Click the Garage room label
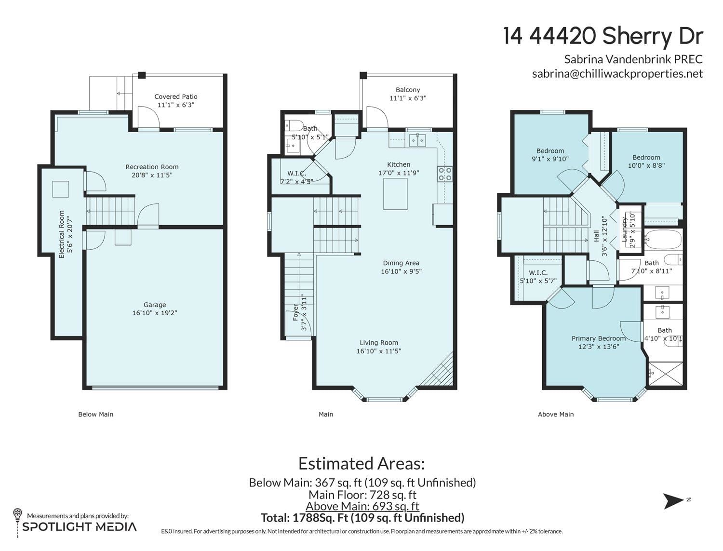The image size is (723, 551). point(155,305)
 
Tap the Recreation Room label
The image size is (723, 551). point(152,167)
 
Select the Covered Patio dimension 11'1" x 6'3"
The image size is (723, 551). point(176,105)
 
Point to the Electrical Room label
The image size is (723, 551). point(62,234)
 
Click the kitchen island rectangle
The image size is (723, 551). point(395,194)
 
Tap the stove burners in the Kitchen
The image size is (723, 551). point(445,174)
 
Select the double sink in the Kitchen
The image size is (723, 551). point(417,140)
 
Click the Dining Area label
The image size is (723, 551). point(401,263)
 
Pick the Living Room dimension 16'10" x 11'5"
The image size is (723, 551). point(379,351)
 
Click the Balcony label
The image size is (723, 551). point(408,90)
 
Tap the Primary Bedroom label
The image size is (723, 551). point(598,338)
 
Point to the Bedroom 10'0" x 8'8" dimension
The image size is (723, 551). point(646,166)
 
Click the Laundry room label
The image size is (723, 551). point(624,229)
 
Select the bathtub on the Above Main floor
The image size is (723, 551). point(663,240)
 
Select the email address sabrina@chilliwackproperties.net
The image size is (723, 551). point(617,73)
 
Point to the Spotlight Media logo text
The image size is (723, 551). point(80,526)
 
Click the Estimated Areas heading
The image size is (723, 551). point(361,464)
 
